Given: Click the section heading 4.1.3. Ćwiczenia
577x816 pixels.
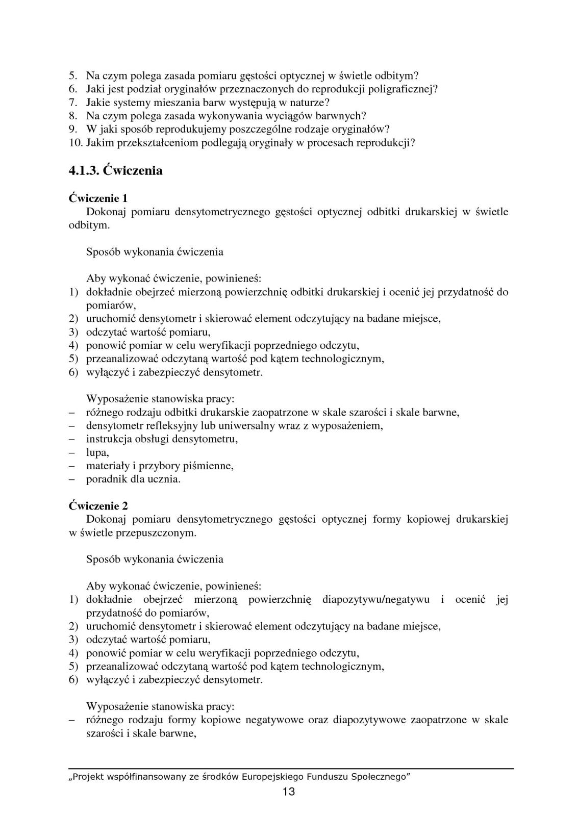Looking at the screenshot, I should (116, 171).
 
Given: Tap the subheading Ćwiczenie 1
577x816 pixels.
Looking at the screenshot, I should (98, 198).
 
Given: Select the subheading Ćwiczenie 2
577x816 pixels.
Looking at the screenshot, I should (98, 506).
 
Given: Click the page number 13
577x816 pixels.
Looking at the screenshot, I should (288, 792).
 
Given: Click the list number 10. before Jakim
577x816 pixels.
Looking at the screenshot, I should (76, 142).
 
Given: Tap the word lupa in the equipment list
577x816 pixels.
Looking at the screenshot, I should (97, 452).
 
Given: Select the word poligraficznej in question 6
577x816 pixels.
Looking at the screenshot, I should (402, 89).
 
